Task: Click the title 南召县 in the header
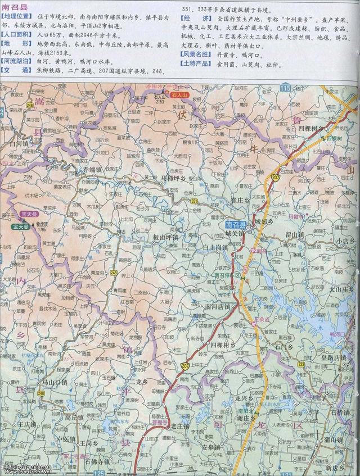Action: pyautogui.click(x=15, y=6)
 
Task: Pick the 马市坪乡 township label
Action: pyautogui.click(x=173, y=178)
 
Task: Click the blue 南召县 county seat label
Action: pyautogui.click(x=228, y=223)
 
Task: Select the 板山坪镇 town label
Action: pyautogui.click(x=165, y=238)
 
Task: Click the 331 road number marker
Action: pyautogui.click(x=194, y=201)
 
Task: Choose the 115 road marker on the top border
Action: pyautogui.click(x=286, y=88)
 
